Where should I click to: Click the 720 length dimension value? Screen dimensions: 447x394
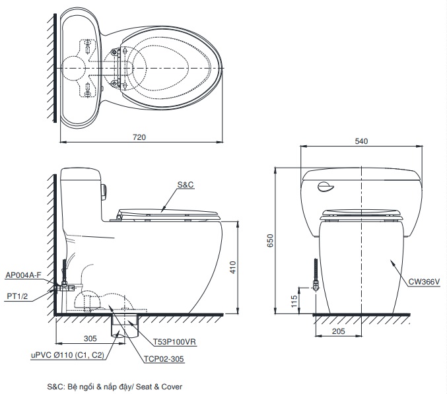coord(139,137)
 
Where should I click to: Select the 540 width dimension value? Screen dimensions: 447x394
coord(361,141)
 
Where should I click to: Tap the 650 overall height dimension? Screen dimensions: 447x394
coord(270,240)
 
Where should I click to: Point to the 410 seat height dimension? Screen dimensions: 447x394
coord(233,267)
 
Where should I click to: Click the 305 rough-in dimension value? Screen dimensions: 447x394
coord(90,339)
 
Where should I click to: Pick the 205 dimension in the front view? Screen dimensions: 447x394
coord(338,331)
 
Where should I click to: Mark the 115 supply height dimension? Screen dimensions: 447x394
coord(294,301)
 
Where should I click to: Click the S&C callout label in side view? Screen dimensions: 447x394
coord(186,185)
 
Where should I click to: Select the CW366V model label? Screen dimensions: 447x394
coord(424,282)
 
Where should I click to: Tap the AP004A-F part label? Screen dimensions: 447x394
coord(23,275)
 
